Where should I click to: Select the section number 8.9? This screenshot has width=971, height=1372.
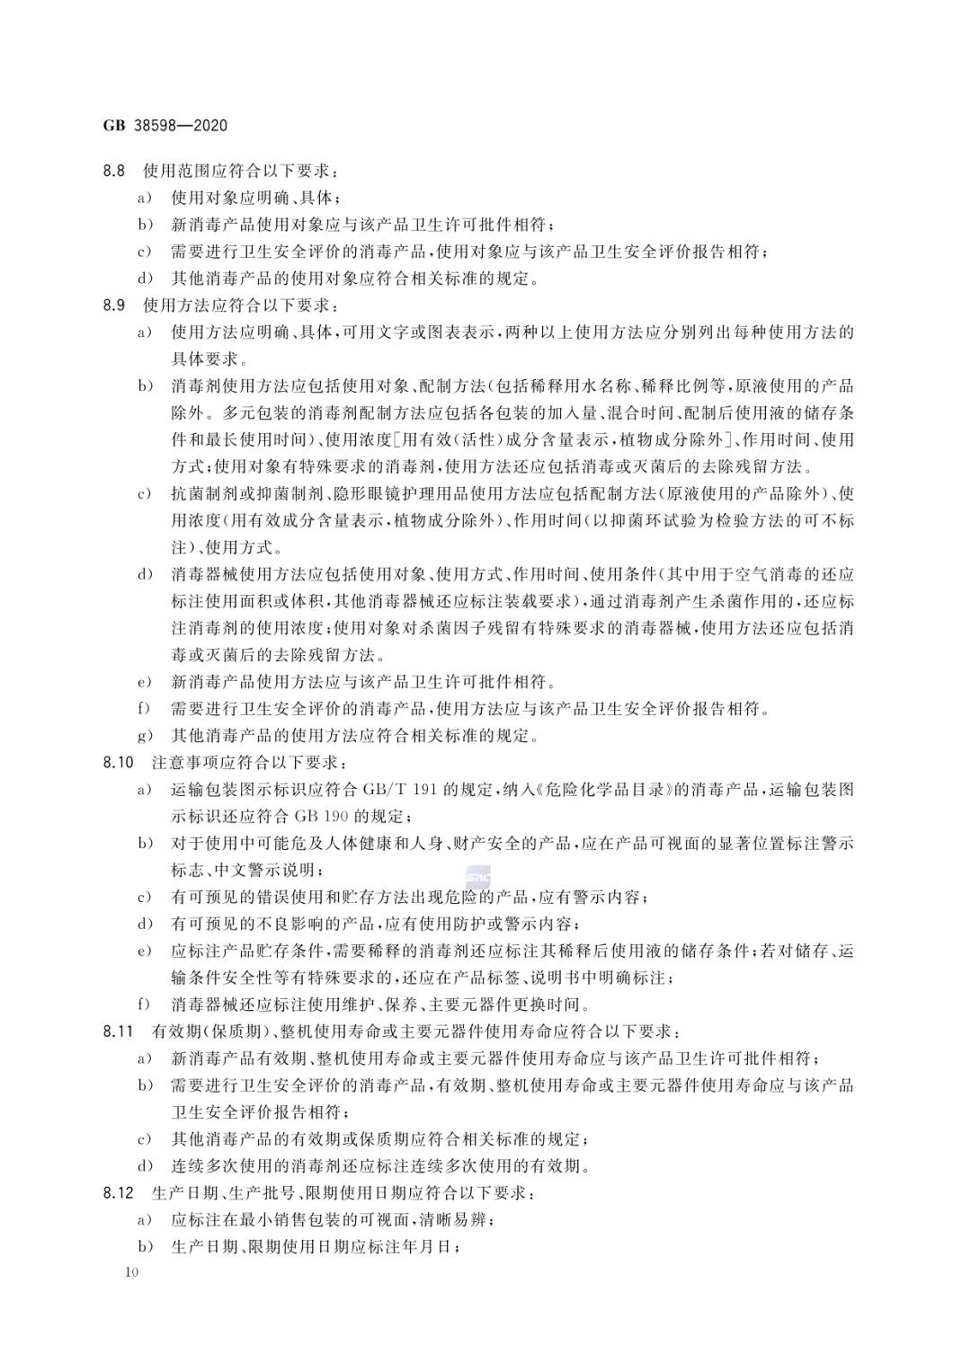(114, 305)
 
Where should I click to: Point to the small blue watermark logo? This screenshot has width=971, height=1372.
(477, 875)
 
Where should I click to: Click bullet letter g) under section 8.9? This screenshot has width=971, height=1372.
(143, 736)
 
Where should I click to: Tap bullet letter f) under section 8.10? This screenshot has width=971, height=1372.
(143, 1005)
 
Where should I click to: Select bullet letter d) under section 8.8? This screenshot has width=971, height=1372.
(143, 279)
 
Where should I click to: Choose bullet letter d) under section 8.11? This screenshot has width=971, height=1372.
(143, 1166)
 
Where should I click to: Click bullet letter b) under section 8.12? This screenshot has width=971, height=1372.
(143, 1247)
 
